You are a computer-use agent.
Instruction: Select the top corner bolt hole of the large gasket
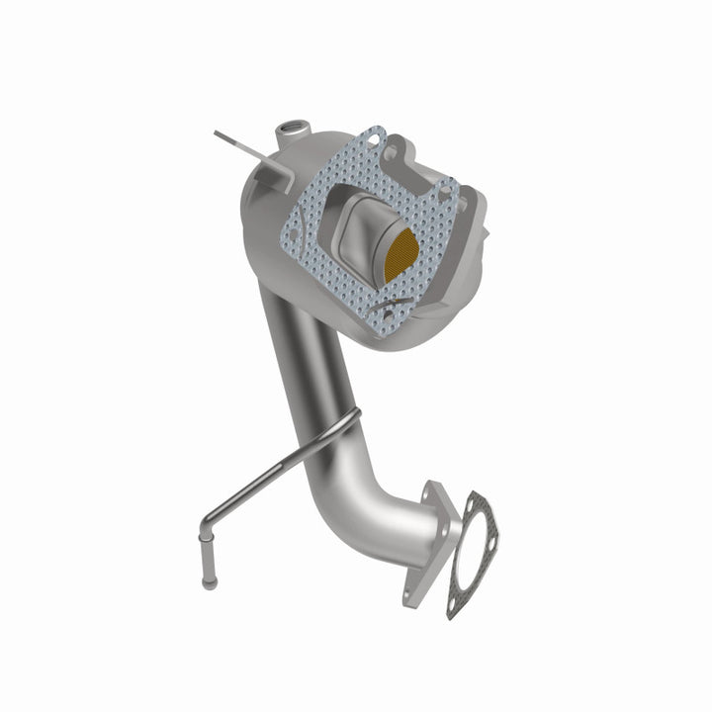click(x=374, y=139)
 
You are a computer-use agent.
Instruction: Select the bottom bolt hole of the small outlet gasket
click(x=461, y=599)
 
